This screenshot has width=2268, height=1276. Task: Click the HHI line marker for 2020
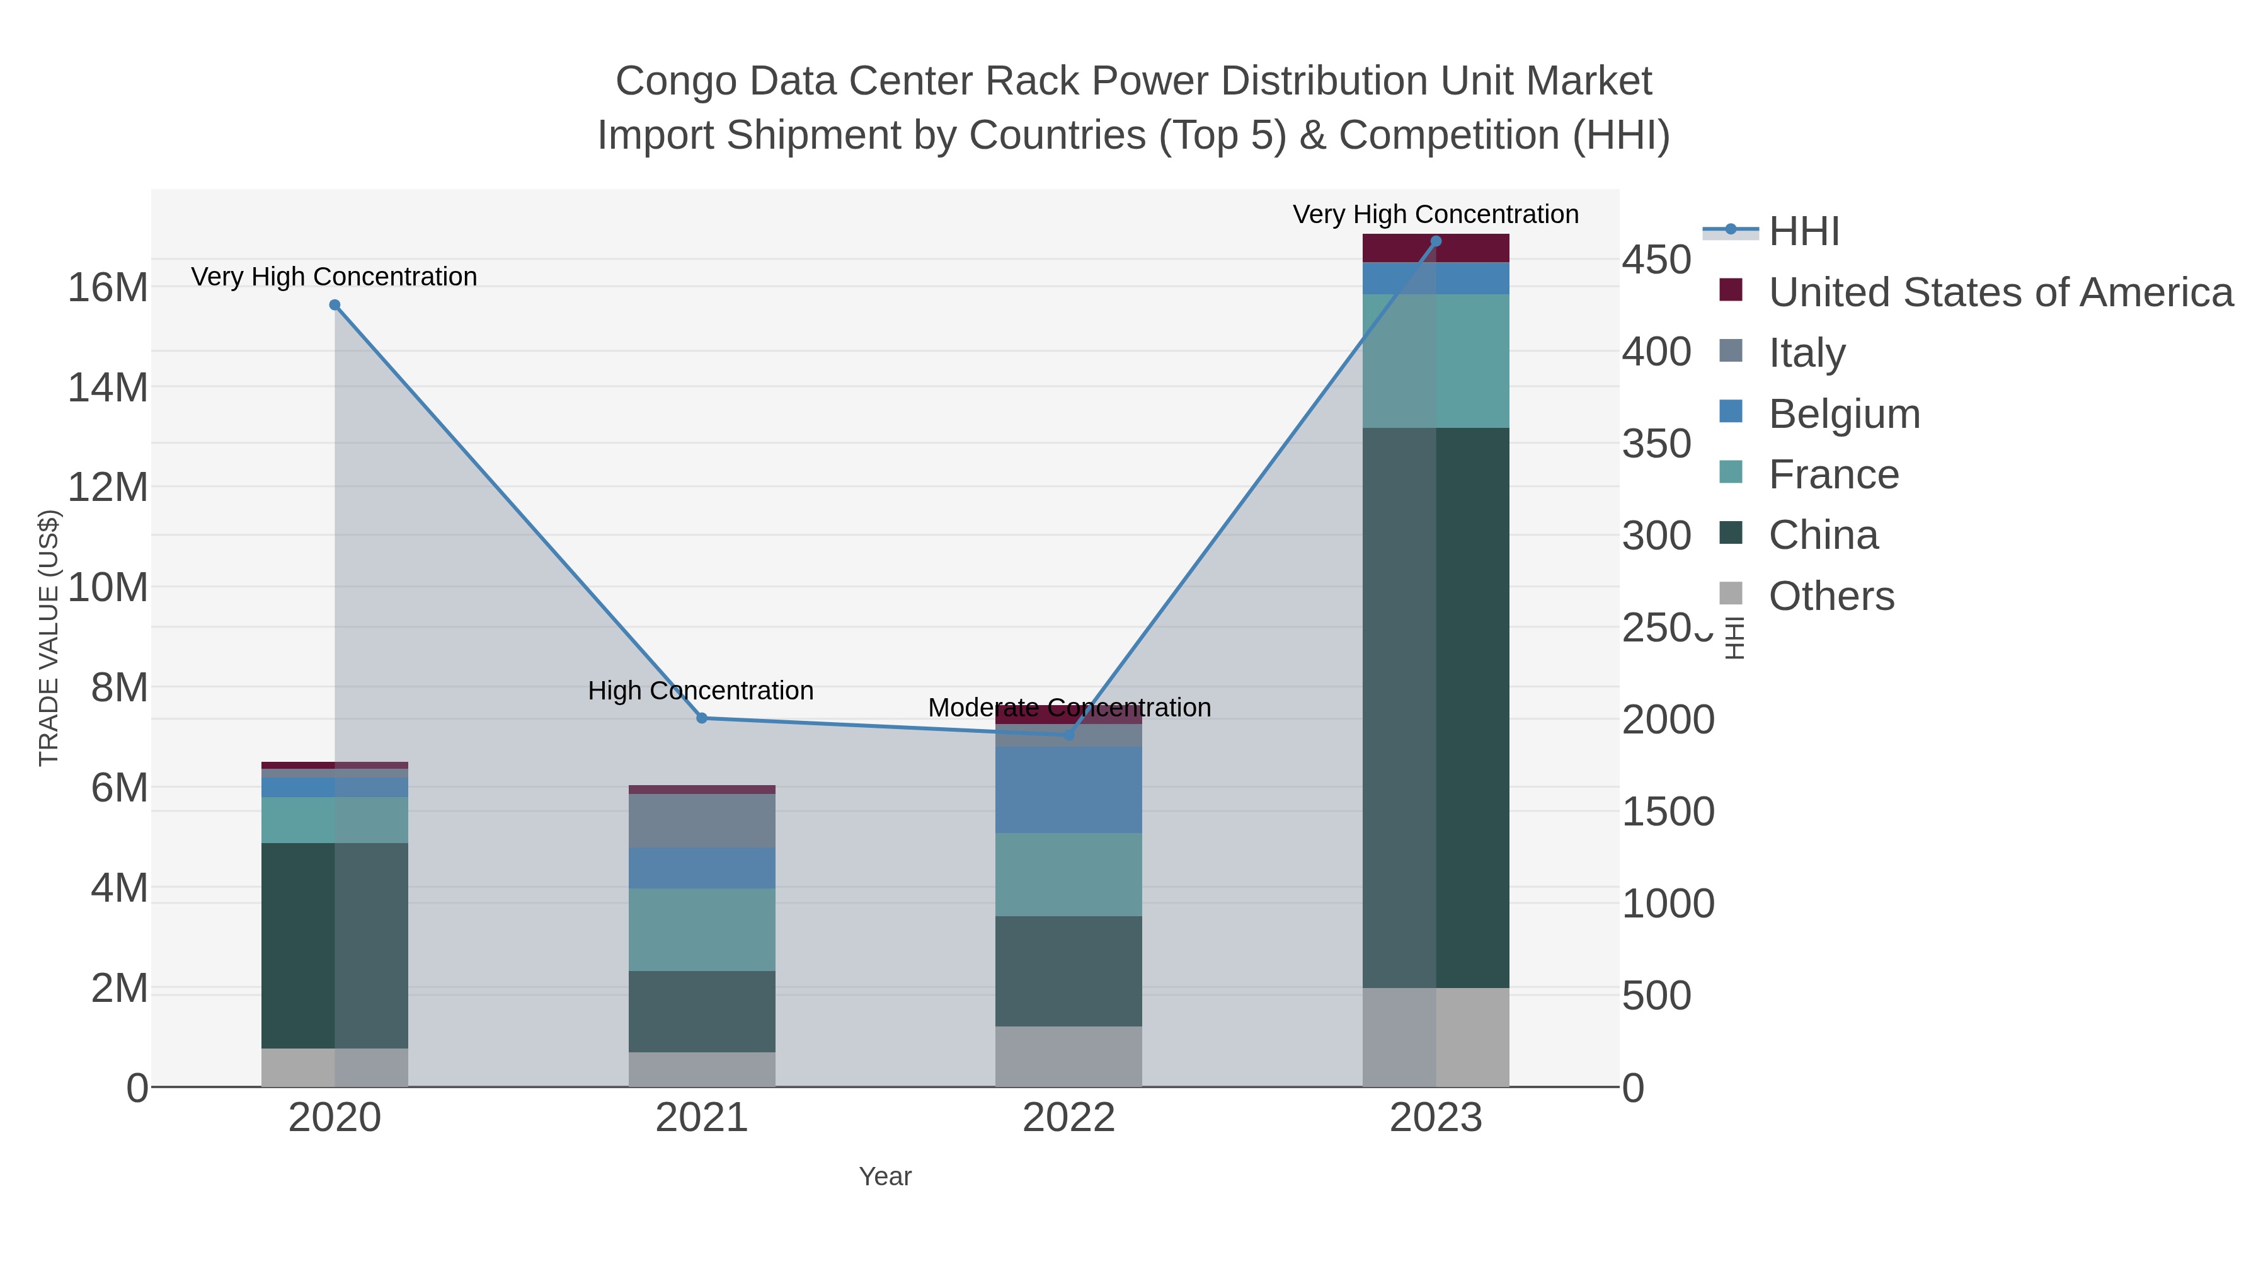[x=335, y=306]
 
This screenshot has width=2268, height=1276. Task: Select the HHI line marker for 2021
[x=702, y=718]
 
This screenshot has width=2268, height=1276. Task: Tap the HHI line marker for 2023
[x=1436, y=241]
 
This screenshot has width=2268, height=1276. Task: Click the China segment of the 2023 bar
[x=1436, y=707]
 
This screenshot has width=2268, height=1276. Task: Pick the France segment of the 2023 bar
[x=1436, y=361]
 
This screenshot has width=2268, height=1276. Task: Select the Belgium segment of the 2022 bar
[x=1069, y=790]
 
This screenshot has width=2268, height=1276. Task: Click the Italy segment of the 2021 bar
[x=702, y=820]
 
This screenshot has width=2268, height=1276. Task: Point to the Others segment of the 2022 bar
[x=1069, y=1056]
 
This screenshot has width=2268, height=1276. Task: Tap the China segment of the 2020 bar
[x=335, y=945]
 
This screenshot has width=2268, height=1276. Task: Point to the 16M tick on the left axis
[x=107, y=287]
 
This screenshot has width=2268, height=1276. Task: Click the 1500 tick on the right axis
[x=1668, y=812]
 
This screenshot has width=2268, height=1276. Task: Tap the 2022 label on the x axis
[x=1069, y=1118]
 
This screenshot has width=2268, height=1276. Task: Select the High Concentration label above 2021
[x=701, y=691]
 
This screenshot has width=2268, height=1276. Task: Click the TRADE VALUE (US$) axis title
[x=49, y=638]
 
